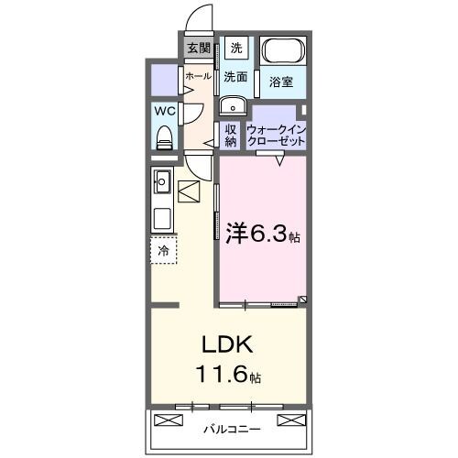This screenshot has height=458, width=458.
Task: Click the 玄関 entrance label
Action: tap(199, 49)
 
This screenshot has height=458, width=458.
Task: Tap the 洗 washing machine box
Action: tap(236, 49)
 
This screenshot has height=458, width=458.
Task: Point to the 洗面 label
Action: tap(236, 77)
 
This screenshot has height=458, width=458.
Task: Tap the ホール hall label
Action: tap(198, 77)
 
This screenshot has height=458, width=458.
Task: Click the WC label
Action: tap(165, 111)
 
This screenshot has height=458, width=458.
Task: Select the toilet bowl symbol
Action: tap(165, 136)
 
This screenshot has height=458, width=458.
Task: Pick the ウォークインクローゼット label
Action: tap(276, 135)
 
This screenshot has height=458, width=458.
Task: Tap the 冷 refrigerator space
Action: tap(163, 248)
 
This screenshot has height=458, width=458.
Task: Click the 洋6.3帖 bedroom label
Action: tap(262, 234)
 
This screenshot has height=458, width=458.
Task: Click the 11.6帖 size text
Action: tap(226, 375)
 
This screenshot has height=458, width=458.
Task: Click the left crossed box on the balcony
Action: tap(170, 420)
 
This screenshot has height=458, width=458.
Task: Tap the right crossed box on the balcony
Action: tap(289, 420)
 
